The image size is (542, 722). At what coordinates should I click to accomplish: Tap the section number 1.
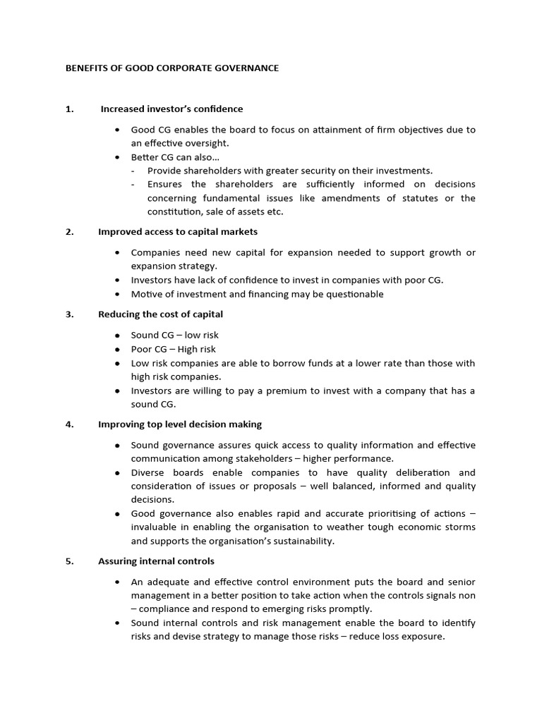click(69, 109)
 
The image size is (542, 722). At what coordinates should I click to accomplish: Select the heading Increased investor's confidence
click(171, 109)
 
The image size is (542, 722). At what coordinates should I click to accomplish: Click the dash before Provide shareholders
click(133, 171)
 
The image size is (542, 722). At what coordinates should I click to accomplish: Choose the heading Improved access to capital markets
click(178, 232)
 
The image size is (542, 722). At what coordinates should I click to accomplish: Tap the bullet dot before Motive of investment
click(117, 295)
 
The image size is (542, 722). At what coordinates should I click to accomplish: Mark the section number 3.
click(69, 314)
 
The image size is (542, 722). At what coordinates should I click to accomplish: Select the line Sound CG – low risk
click(174, 335)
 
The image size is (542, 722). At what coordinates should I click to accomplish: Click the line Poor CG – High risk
click(173, 349)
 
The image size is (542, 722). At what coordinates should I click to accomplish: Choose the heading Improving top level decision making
click(180, 424)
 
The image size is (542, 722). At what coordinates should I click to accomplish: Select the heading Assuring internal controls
click(156, 561)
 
